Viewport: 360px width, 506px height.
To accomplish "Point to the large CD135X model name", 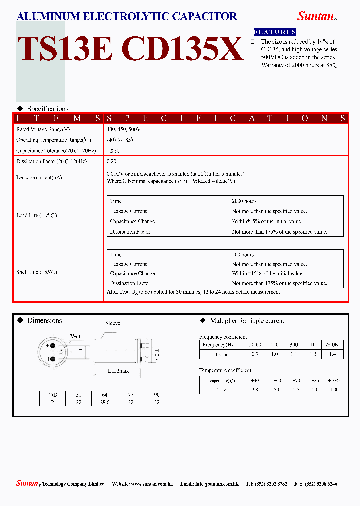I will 182,49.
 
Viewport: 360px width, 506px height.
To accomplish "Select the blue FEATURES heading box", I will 275,32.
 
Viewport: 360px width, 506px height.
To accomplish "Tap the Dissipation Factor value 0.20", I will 111,161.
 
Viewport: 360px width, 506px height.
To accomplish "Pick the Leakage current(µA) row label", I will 39,177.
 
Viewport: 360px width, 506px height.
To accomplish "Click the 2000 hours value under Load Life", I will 244,201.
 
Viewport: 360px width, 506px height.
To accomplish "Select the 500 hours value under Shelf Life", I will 243,255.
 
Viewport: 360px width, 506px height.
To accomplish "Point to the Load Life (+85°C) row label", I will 37,215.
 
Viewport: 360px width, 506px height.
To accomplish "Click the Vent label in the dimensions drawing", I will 75,336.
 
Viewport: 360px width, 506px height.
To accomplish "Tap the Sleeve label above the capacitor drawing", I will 112,323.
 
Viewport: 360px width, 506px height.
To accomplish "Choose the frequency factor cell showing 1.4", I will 332,354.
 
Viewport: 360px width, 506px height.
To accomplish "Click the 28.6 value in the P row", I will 104,402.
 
